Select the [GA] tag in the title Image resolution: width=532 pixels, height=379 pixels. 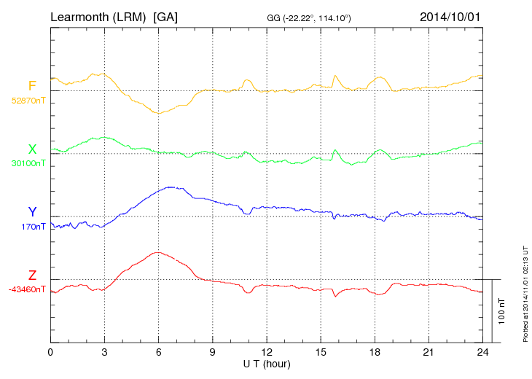pyautogui.click(x=165, y=16)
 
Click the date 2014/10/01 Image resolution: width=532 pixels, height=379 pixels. pyautogui.click(x=450, y=16)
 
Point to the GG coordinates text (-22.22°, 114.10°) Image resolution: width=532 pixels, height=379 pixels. pyautogui.click(x=309, y=17)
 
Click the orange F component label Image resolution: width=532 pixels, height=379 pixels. pyautogui.click(x=32, y=86)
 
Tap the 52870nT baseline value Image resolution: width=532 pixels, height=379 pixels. pyautogui.click(x=28, y=101)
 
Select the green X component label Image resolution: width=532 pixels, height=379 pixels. pyautogui.click(x=32, y=149)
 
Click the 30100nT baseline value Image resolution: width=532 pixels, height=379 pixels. pyautogui.click(x=28, y=163)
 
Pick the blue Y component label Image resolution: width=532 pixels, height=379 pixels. pyautogui.click(x=32, y=212)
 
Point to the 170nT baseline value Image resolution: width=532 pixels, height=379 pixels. pyautogui.click(x=33, y=227)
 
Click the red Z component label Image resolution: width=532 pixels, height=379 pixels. pyautogui.click(x=32, y=276)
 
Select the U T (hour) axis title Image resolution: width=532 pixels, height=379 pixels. pyautogui.click(x=267, y=363)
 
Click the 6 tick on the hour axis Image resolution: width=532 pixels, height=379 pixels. pyautogui.click(x=158, y=352)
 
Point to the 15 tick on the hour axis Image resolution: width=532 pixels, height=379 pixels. pyautogui.click(x=321, y=352)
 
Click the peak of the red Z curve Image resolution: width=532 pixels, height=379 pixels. pyautogui.click(x=157, y=252)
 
